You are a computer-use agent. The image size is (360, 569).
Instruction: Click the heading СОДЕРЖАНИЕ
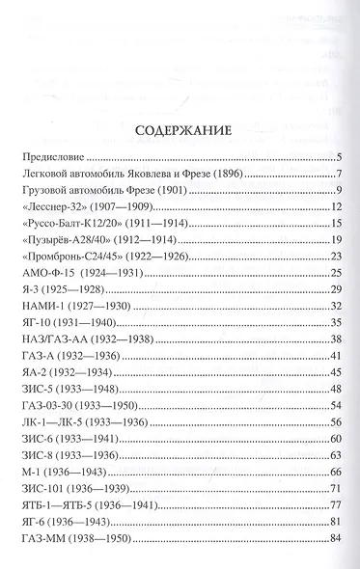(x=180, y=133)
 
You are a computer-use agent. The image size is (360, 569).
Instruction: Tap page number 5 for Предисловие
(x=340, y=156)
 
